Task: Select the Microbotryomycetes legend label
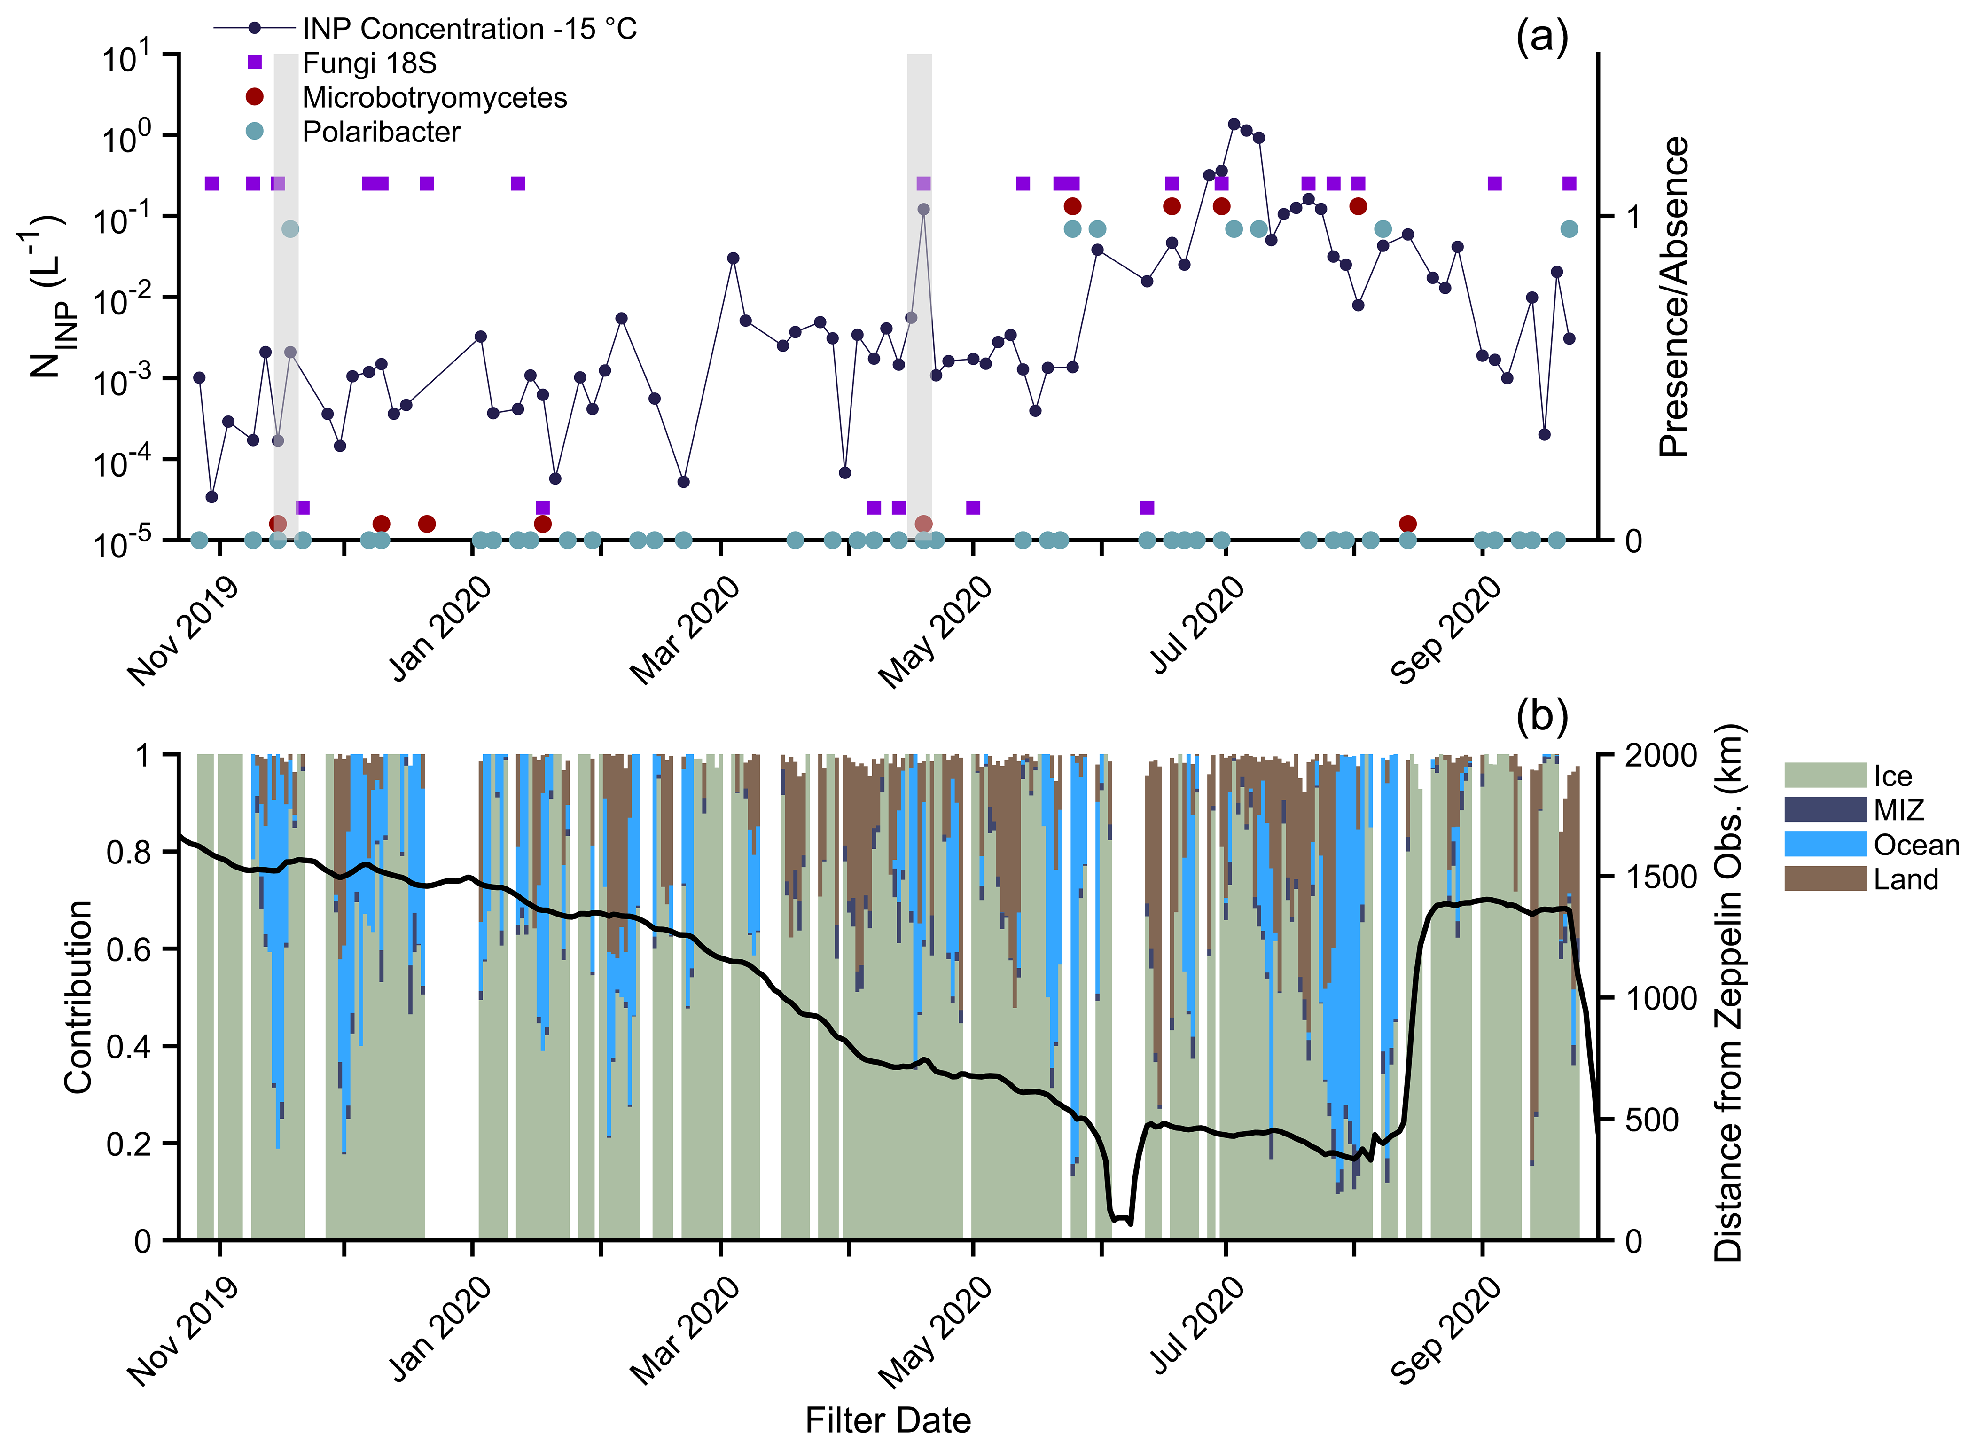coord(434,97)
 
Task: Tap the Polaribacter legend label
coord(381,132)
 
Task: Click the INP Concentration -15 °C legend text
coord(469,29)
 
